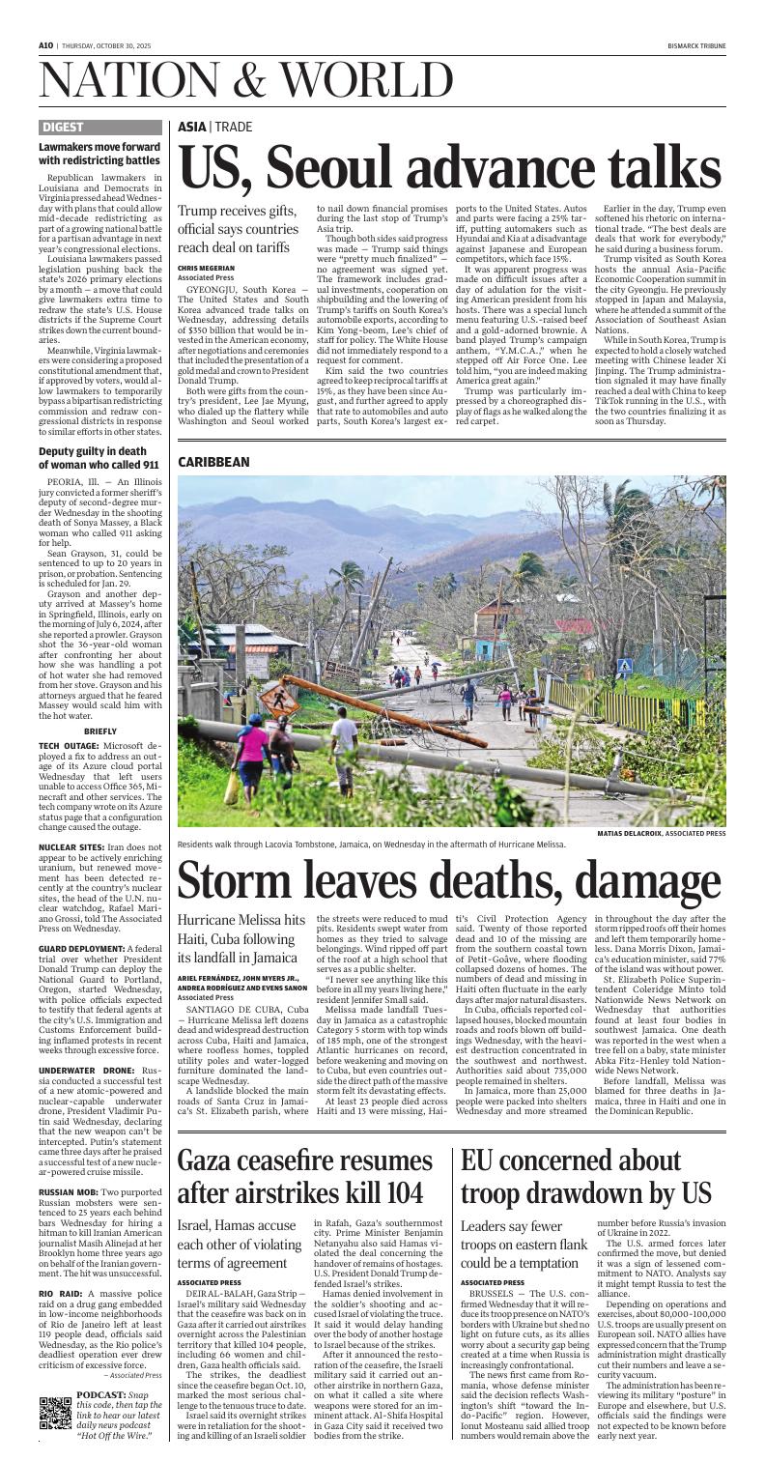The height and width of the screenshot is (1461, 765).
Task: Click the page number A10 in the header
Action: click(45, 17)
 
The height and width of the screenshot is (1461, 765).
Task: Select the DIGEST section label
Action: click(64, 127)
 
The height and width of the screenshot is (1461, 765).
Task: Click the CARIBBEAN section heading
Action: click(213, 463)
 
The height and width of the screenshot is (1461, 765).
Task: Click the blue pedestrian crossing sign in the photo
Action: click(624, 665)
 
